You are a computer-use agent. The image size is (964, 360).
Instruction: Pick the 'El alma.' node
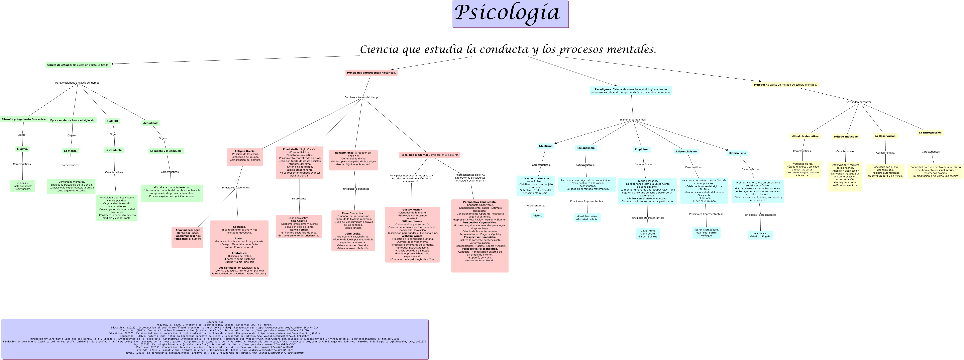(22, 149)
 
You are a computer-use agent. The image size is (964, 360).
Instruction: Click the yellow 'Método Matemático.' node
(805, 137)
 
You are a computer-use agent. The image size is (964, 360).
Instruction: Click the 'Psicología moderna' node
(429, 155)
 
